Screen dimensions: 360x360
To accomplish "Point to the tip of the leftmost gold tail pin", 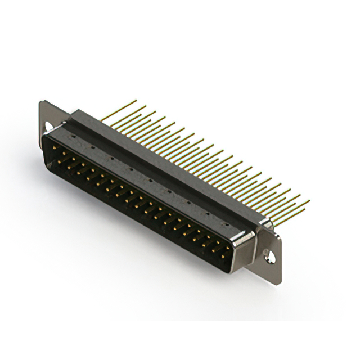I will point(136,101).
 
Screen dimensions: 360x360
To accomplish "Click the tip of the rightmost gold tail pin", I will point(309,201).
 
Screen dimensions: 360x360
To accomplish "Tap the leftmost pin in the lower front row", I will point(59,161).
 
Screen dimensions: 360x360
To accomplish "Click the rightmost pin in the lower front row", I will point(223,256).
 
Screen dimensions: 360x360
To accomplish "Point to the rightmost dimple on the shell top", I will point(226,224).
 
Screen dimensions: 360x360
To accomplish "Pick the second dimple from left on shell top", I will point(93,147).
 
